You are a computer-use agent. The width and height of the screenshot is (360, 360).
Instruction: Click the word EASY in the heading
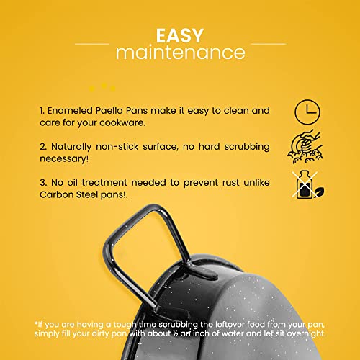(180, 35)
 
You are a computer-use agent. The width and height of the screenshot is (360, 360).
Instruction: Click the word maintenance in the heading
(181, 53)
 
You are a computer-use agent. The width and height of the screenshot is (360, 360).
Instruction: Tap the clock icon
(307, 112)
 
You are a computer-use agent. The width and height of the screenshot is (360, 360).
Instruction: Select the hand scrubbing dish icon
(305, 146)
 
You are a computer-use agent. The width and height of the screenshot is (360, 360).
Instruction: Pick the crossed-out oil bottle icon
(308, 184)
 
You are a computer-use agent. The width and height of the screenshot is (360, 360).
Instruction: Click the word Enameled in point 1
(70, 111)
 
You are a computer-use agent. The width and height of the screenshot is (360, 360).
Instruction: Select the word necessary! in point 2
(64, 159)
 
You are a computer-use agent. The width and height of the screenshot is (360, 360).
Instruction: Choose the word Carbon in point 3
(57, 194)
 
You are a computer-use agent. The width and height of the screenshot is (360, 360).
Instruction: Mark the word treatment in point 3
(104, 183)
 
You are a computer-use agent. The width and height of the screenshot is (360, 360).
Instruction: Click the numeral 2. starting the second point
(44, 147)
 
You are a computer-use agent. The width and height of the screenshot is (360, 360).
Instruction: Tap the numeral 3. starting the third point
(44, 183)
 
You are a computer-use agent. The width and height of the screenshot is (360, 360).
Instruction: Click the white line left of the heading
(92, 44)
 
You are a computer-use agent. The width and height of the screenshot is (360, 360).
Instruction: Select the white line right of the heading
(269, 44)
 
